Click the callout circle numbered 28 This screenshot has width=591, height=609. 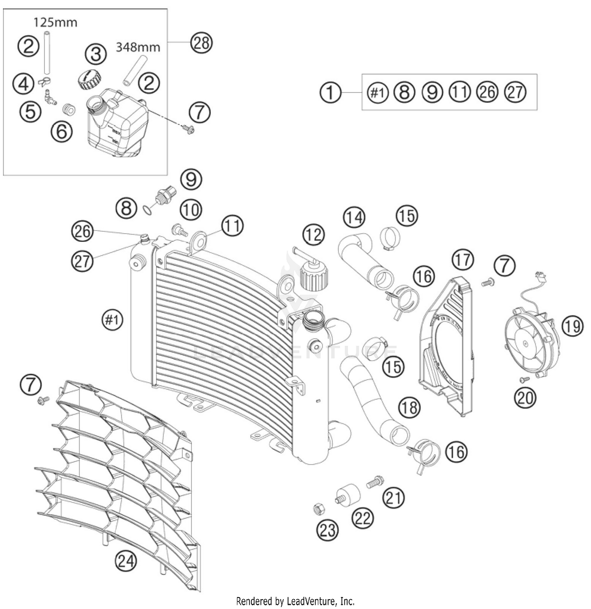201,42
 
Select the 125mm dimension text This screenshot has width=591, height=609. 55,22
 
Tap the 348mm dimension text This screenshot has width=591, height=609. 138,48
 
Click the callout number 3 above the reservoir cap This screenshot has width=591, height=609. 96,54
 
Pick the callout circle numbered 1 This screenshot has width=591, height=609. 330,93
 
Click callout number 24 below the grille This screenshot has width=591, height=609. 126,560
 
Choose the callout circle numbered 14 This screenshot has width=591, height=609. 354,218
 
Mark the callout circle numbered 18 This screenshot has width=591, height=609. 409,407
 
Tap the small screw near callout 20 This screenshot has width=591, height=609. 524,379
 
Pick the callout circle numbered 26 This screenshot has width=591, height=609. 83,231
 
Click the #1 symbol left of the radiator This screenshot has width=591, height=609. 112,320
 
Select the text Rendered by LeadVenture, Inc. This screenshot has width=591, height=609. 295,601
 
